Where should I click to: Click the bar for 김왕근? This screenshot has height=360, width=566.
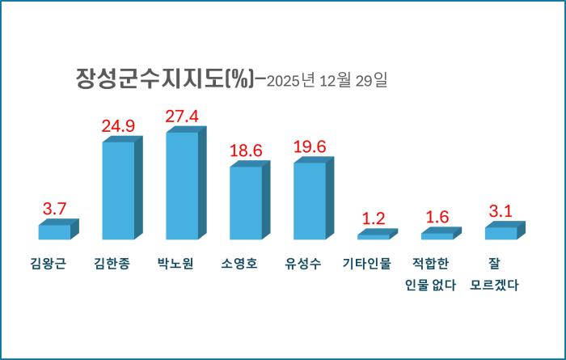click(54, 232)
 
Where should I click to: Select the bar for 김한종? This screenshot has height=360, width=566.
click(118, 190)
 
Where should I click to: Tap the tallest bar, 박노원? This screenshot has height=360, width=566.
click(182, 185)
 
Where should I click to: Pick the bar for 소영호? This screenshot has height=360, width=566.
click(246, 202)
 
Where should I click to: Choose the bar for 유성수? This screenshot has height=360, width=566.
click(310, 201)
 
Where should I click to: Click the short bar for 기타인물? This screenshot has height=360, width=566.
click(374, 236)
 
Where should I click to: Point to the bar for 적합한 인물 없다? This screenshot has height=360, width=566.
click(437, 235)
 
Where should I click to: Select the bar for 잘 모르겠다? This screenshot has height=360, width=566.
click(501, 233)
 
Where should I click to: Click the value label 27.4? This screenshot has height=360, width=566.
click(182, 117)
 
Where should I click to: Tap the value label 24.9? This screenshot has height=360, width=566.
click(118, 126)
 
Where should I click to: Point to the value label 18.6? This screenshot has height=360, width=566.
click(246, 151)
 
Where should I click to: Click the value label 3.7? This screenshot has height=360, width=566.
click(54, 210)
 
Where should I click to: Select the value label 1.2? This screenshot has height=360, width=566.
click(374, 218)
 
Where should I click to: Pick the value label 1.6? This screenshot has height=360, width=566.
click(437, 217)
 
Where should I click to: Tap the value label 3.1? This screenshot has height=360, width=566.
click(501, 212)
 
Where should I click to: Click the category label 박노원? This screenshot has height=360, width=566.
click(182, 264)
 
